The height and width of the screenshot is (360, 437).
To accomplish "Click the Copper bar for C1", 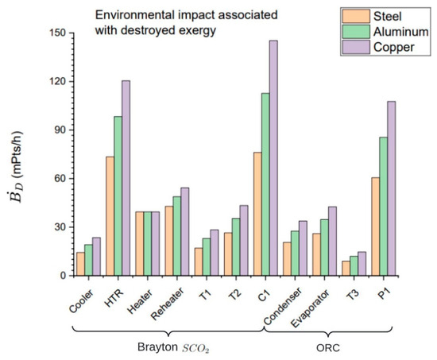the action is [x=273, y=158].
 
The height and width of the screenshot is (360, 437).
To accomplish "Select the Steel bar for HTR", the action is [x=110, y=216].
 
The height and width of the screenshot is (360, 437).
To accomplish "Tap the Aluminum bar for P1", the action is [x=384, y=207].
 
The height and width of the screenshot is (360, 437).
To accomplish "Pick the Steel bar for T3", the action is [x=346, y=269].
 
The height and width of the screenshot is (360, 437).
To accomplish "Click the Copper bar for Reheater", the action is [x=185, y=232].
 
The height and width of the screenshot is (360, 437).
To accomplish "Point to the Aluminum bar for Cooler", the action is [x=89, y=260].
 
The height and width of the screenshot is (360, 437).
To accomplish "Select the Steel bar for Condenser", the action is [x=287, y=259].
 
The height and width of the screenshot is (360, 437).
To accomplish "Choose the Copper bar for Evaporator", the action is [x=332, y=242].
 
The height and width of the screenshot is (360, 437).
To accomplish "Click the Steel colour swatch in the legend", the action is [x=356, y=16].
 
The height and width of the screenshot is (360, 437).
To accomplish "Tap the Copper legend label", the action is [x=394, y=48].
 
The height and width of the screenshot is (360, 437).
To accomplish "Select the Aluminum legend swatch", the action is [x=356, y=32].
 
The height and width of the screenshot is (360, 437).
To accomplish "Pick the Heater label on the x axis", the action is [x=140, y=302].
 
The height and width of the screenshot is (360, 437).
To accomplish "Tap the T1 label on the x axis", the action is [x=205, y=295].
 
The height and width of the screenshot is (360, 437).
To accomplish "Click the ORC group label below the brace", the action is [x=328, y=348].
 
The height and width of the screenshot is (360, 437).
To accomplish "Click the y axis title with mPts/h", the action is [x=17, y=167].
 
